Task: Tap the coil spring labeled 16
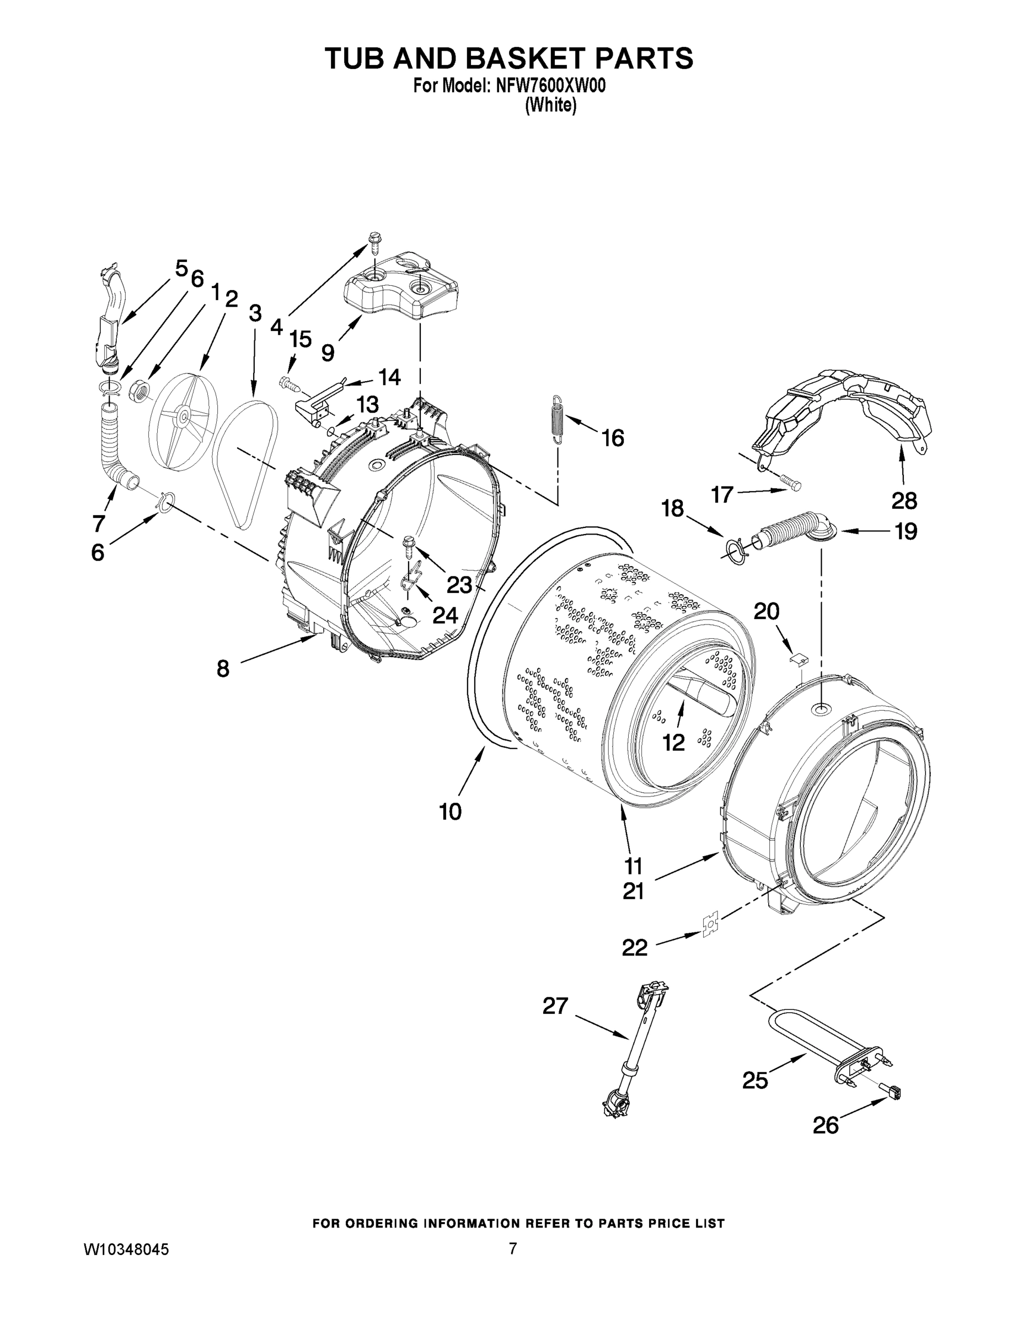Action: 557,419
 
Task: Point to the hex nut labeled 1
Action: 140,391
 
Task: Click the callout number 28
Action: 904,501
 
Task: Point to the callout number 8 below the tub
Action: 223,669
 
